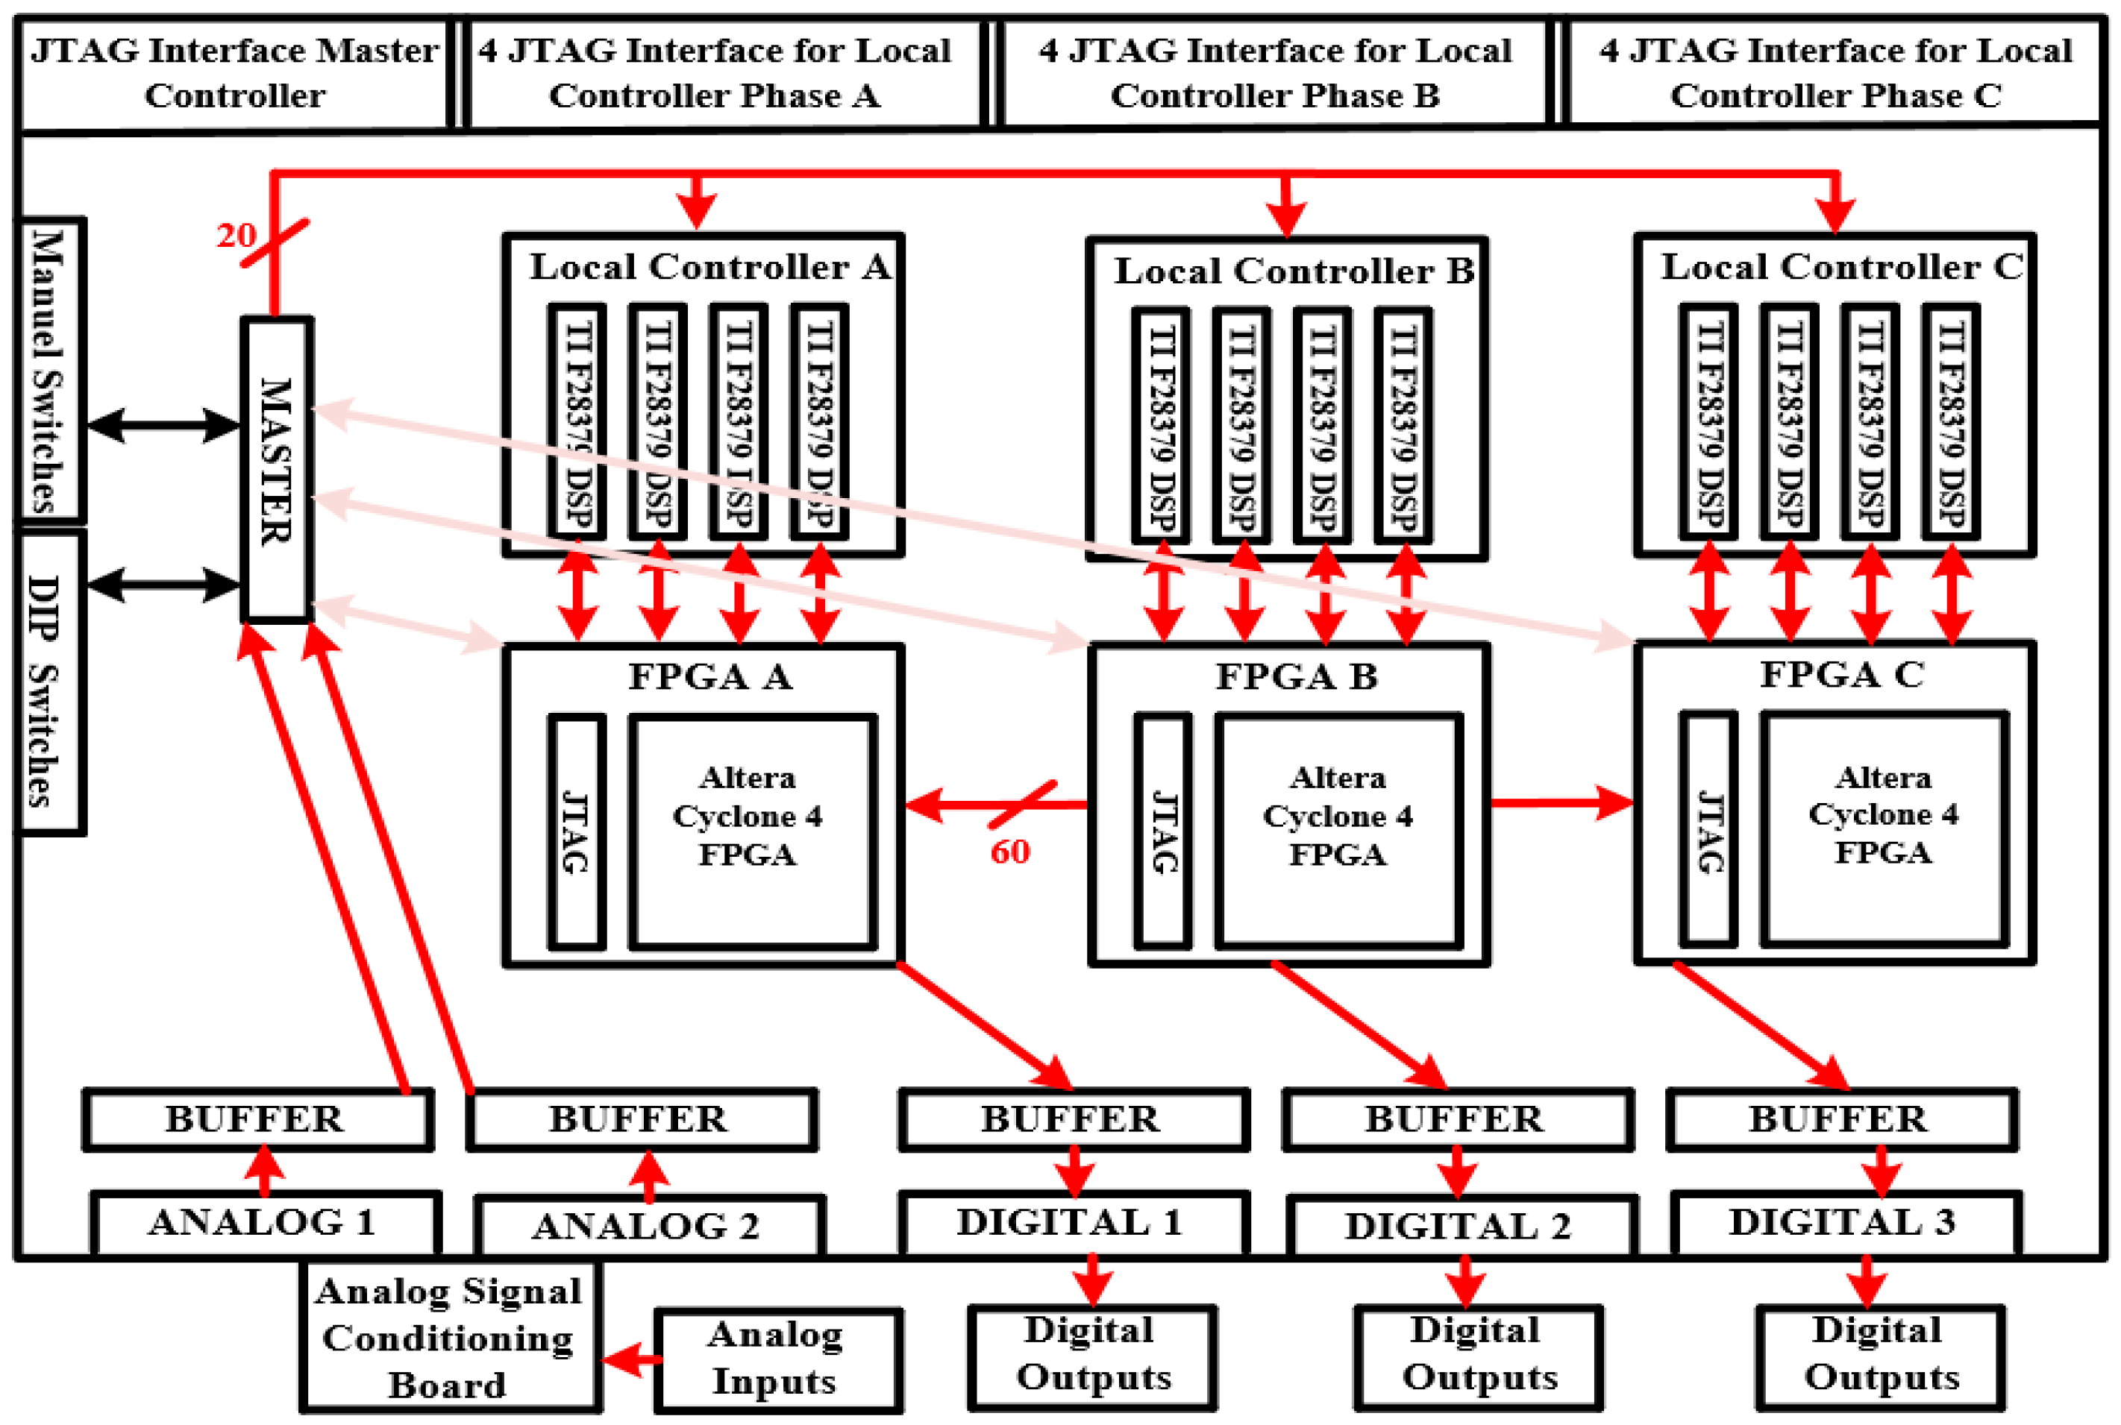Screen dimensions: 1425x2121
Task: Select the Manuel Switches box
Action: click(50, 370)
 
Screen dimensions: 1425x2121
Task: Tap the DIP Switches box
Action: click(50, 682)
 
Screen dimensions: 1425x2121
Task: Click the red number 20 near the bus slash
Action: click(236, 236)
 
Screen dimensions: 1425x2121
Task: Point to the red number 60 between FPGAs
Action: click(1009, 852)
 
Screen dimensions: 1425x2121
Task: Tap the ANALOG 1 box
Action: click(265, 1223)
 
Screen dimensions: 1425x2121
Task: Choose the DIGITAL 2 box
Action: click(1460, 1226)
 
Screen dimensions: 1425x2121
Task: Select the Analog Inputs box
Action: click(777, 1359)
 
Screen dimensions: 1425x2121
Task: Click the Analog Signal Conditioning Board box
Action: click(449, 1337)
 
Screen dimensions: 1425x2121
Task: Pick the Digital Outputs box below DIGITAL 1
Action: click(1092, 1355)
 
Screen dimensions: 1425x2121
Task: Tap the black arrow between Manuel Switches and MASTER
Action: click(163, 424)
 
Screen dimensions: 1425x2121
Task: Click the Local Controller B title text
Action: click(1293, 271)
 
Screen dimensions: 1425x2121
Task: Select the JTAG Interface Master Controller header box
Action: click(234, 73)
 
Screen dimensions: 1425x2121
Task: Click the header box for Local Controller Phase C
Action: click(1835, 73)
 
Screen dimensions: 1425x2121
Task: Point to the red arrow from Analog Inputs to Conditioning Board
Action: click(631, 1360)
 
